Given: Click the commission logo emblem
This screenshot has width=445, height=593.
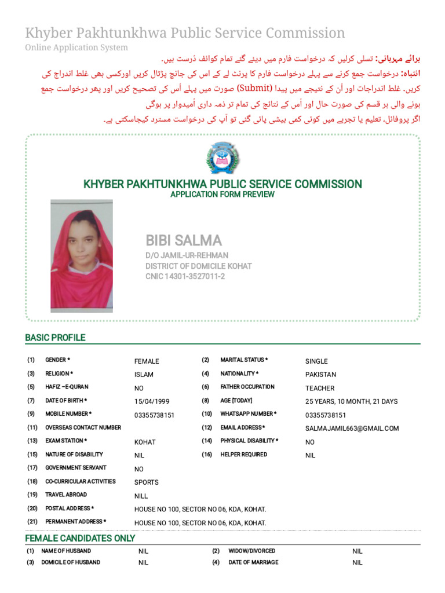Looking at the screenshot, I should pyautogui.click(x=222, y=158).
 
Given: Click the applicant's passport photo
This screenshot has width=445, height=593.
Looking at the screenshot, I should pyautogui.click(x=82, y=257).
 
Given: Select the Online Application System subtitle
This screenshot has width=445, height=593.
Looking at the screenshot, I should pyautogui.click(x=76, y=47).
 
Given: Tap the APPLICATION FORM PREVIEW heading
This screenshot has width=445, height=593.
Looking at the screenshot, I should pyautogui.click(x=222, y=195).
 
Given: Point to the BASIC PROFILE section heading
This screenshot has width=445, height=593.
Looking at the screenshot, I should pyautogui.click(x=55, y=338).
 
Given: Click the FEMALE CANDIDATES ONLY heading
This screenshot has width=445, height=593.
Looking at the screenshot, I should pyautogui.click(x=80, y=538).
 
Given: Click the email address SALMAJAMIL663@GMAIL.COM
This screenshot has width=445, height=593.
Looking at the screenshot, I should pyautogui.click(x=352, y=429).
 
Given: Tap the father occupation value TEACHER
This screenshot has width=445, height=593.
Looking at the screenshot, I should pyautogui.click(x=320, y=388).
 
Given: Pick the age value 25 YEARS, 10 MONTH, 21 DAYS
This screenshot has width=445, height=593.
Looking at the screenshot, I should pyautogui.click(x=352, y=401).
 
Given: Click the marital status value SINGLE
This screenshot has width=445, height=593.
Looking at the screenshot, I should pyautogui.click(x=316, y=361).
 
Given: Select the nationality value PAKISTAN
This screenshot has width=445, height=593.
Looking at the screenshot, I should pyautogui.click(x=320, y=375).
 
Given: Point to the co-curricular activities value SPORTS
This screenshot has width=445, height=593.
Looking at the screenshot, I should pyautogui.click(x=147, y=482).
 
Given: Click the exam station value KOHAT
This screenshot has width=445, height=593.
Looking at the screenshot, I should pyautogui.click(x=145, y=442).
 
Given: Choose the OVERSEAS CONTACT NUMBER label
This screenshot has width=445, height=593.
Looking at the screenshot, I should pyautogui.click(x=83, y=427).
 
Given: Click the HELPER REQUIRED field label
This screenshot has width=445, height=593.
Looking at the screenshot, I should pyautogui.click(x=243, y=455).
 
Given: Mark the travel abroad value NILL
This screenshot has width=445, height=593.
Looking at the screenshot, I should pyautogui.click(x=141, y=496).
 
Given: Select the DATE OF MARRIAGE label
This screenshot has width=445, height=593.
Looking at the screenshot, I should pyautogui.click(x=253, y=562).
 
